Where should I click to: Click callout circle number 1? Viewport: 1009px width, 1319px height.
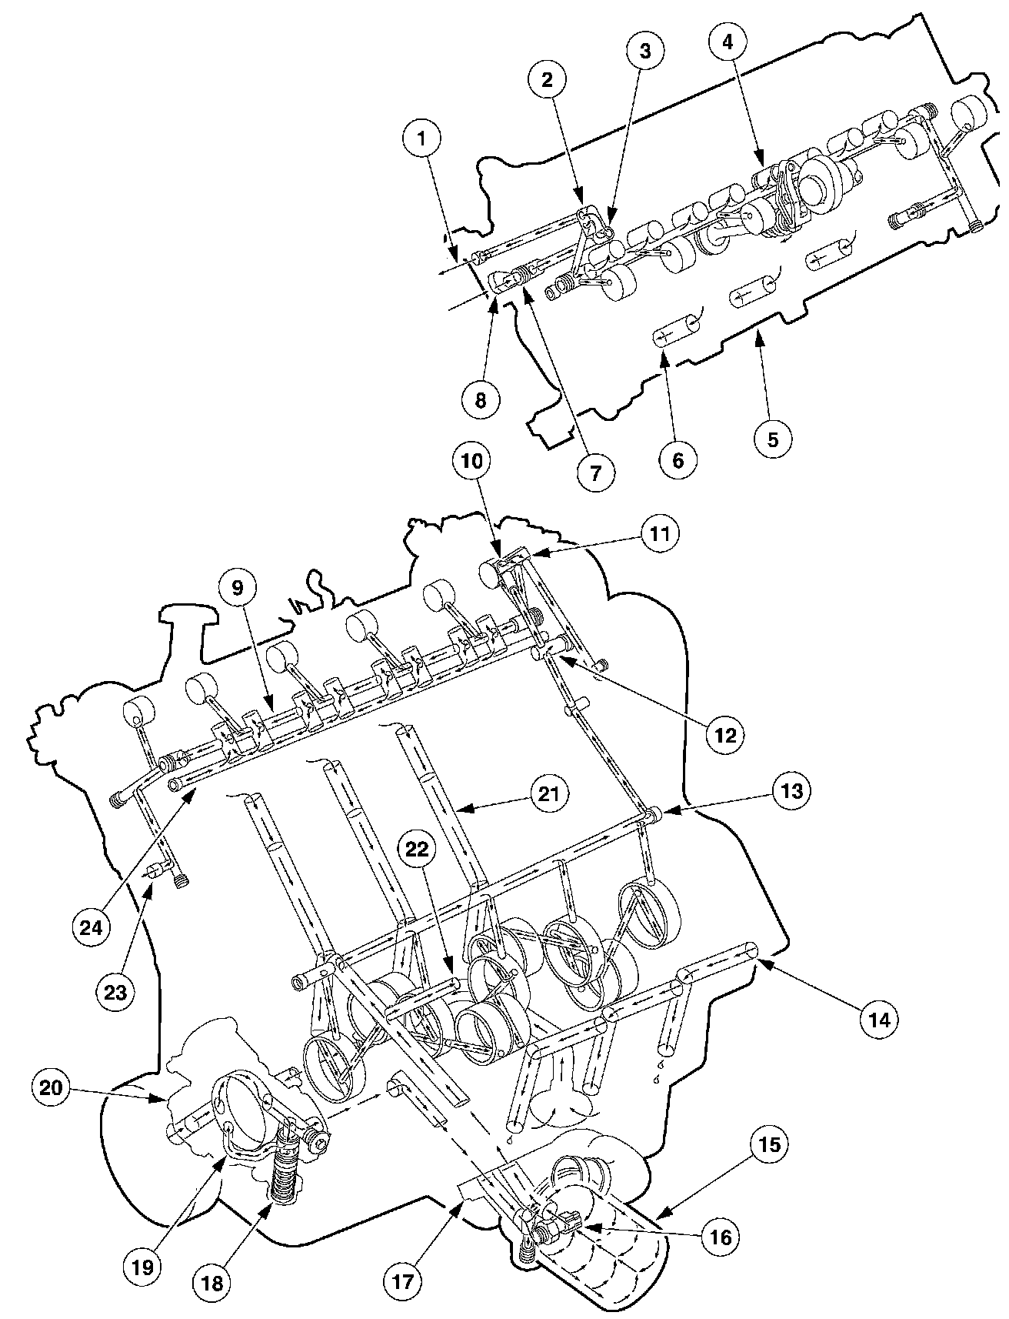(x=421, y=142)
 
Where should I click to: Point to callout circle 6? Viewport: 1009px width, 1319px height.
(x=678, y=459)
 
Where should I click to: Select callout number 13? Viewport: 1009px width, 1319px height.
(x=791, y=790)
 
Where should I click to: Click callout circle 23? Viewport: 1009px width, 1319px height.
(x=115, y=993)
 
